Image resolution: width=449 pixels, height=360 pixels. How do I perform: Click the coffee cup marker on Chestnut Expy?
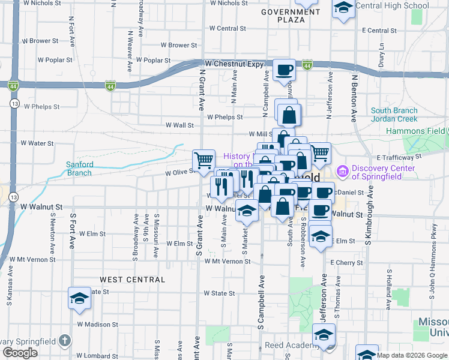pyautogui.click(x=284, y=70)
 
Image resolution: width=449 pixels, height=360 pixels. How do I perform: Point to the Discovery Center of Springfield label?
pyautogui.click(x=384, y=172)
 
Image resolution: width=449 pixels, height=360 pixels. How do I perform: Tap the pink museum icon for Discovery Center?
pyautogui.click(x=343, y=172)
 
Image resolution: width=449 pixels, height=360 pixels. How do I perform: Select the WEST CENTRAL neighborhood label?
pyautogui.click(x=132, y=280)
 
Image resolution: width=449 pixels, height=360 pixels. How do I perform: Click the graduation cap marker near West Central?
pyautogui.click(x=80, y=298)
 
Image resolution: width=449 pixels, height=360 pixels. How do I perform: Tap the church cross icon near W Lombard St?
pyautogui.click(x=65, y=341)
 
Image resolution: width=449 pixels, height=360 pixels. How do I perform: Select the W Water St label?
pyautogui.click(x=37, y=143)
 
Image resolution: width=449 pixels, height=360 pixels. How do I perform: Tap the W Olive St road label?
pyautogui.click(x=179, y=172)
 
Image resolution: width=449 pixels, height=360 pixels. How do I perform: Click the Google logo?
pyautogui.click(x=20, y=353)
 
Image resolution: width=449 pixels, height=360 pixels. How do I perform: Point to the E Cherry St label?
pyautogui.click(x=346, y=263)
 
